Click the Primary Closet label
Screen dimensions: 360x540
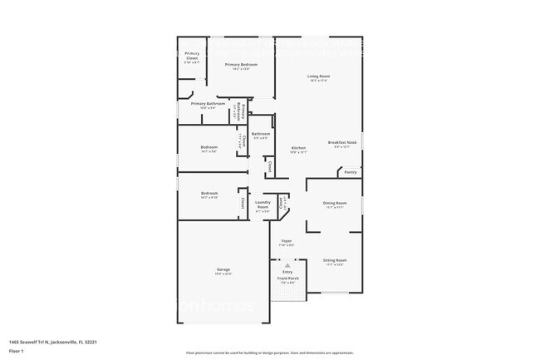point(191,55)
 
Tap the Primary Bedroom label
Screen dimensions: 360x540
point(237,65)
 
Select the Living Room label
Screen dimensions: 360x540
point(319,76)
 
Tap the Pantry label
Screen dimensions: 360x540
point(351,172)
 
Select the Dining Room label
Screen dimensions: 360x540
point(335,203)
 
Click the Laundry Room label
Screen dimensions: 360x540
point(263,204)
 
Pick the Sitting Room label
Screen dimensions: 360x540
point(335,260)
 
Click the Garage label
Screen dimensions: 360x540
point(223,269)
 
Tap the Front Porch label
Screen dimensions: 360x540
point(287,279)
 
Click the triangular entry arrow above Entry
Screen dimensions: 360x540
point(287,264)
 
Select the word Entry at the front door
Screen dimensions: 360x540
point(287,272)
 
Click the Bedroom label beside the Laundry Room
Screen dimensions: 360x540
point(209,194)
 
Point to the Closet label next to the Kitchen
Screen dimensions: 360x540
point(270,166)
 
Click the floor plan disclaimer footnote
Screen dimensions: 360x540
point(270,353)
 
